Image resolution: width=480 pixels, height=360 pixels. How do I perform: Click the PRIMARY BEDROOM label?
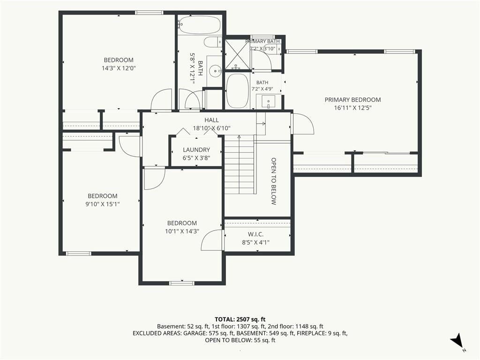352,100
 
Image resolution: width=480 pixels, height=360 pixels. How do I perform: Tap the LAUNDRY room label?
196,150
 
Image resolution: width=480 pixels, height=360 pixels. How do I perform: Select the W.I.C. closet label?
255,234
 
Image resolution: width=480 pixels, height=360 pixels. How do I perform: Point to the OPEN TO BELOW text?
274,181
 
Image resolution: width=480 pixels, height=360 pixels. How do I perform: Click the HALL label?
211,120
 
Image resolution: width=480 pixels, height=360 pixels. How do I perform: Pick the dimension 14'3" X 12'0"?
119,68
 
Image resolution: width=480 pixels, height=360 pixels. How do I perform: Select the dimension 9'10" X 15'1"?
103,204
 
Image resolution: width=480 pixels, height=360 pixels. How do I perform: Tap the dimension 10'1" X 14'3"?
182,232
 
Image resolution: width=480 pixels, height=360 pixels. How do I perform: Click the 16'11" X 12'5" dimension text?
352,108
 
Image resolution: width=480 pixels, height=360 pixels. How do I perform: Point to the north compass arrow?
457,340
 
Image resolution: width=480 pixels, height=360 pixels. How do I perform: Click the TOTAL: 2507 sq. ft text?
240,320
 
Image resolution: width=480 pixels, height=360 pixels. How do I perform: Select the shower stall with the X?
237,54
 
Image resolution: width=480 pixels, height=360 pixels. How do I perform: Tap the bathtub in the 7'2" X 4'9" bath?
238,91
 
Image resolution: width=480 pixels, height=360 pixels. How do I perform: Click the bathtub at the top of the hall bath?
199,25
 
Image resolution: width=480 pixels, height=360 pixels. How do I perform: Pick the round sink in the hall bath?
215,71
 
